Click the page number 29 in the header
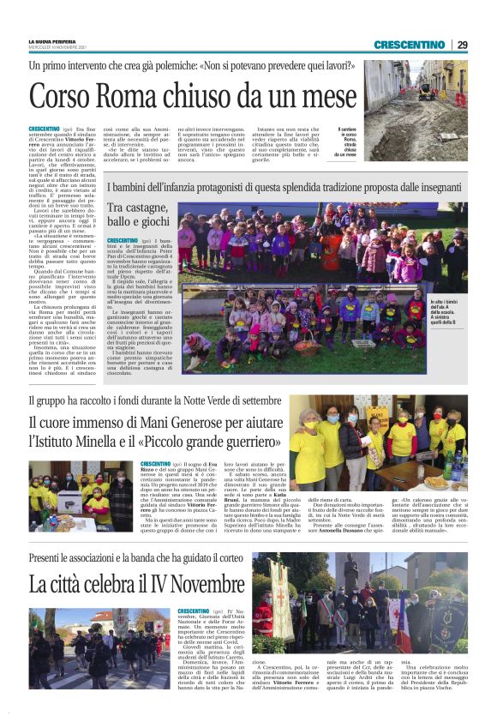[462, 45]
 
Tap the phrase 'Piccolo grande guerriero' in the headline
[206, 442]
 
